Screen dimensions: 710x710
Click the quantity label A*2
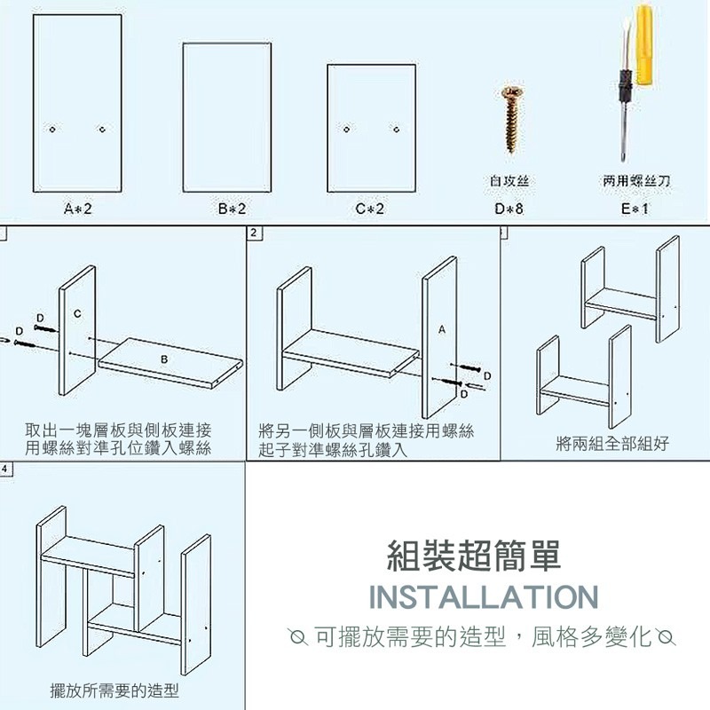[x=78, y=209]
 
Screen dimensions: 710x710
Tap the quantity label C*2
[x=370, y=209]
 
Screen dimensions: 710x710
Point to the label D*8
[x=509, y=209]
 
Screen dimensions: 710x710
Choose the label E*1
[x=635, y=209]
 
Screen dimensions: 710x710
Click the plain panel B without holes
[x=226, y=117]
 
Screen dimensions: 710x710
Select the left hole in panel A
[x=53, y=130]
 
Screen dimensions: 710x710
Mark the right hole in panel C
[x=397, y=130]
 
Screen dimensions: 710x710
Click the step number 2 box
[x=255, y=233]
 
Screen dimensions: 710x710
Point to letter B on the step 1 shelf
[x=165, y=359]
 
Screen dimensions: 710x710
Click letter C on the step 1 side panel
[x=77, y=313]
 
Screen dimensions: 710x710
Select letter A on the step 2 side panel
[x=441, y=328]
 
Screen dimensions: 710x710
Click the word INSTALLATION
[x=483, y=597]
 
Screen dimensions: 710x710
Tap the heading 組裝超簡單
[x=475, y=556]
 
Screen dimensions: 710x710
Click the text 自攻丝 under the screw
[x=509, y=181]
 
